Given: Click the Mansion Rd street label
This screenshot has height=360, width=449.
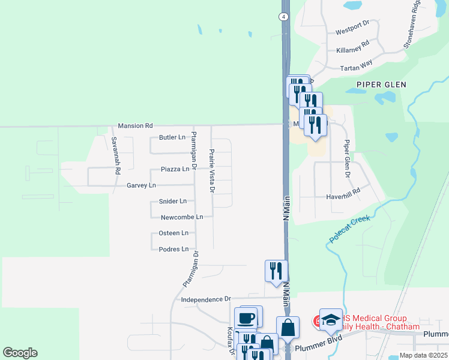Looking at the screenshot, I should pos(136,126).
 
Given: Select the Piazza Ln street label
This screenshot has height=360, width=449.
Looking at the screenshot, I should pos(175,169).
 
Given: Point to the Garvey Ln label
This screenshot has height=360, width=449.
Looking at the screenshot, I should pos(141,185).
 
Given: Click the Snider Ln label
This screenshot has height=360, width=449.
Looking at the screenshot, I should pos(172,202).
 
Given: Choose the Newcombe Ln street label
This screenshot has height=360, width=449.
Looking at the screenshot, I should pos(182,217).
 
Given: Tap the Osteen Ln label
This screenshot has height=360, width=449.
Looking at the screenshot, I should pos(173,233).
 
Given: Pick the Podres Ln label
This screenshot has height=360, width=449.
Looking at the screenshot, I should pos(173,249).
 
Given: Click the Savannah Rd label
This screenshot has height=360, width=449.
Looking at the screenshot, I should pos(115,155).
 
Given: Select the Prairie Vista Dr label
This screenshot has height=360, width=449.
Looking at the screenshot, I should pos(211,171).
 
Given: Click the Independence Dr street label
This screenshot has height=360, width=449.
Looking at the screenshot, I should pos(206,299).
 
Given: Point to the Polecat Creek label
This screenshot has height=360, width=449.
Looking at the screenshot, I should pos(349,229).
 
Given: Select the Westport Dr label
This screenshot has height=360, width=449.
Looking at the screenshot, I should pos(352,31).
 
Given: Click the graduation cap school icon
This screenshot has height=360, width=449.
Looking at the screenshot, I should pos(330,320).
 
